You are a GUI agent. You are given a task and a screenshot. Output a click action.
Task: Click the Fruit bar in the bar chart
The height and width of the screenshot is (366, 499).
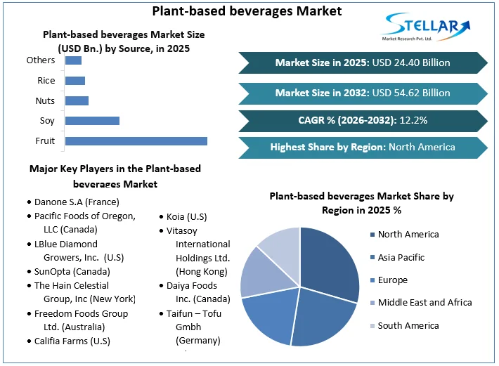click(x=136, y=141)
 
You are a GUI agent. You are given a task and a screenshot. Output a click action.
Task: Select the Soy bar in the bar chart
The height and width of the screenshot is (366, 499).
click(x=92, y=121)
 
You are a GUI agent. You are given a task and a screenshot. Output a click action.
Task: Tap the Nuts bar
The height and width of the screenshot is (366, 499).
click(x=77, y=100)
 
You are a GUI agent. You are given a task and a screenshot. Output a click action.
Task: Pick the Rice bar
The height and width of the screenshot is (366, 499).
click(x=74, y=81)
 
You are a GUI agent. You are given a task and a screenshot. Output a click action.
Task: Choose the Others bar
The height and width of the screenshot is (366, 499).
click(x=73, y=60)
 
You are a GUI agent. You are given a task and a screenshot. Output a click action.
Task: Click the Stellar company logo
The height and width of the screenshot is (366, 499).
click(x=425, y=27)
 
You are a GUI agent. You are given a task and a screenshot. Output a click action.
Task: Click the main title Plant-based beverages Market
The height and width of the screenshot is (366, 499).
click(x=247, y=11)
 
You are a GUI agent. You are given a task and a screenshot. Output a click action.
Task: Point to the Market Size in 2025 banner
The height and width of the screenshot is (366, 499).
click(x=363, y=63)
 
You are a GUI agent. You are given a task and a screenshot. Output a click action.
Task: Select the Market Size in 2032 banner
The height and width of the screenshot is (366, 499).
click(x=363, y=93)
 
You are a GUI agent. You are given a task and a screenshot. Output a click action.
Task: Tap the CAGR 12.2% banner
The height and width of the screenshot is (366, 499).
click(x=363, y=120)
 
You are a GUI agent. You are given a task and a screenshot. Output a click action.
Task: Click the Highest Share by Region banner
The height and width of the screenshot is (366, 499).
click(x=363, y=148)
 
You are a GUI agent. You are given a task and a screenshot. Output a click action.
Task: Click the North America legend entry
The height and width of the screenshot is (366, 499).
click(x=408, y=235)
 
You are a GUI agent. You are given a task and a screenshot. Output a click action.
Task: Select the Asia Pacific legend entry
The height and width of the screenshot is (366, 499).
click(x=401, y=257)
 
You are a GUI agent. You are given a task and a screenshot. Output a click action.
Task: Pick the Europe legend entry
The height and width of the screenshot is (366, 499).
click(x=392, y=280)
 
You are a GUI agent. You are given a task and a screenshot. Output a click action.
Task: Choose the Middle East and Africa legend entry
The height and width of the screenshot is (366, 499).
click(x=425, y=303)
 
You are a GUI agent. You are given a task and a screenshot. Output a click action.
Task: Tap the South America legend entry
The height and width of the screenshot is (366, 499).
click(x=408, y=326)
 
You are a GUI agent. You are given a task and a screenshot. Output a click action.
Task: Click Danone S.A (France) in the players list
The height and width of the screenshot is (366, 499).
click(x=77, y=202)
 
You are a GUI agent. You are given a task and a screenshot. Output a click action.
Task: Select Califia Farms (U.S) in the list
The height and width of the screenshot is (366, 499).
click(x=72, y=341)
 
